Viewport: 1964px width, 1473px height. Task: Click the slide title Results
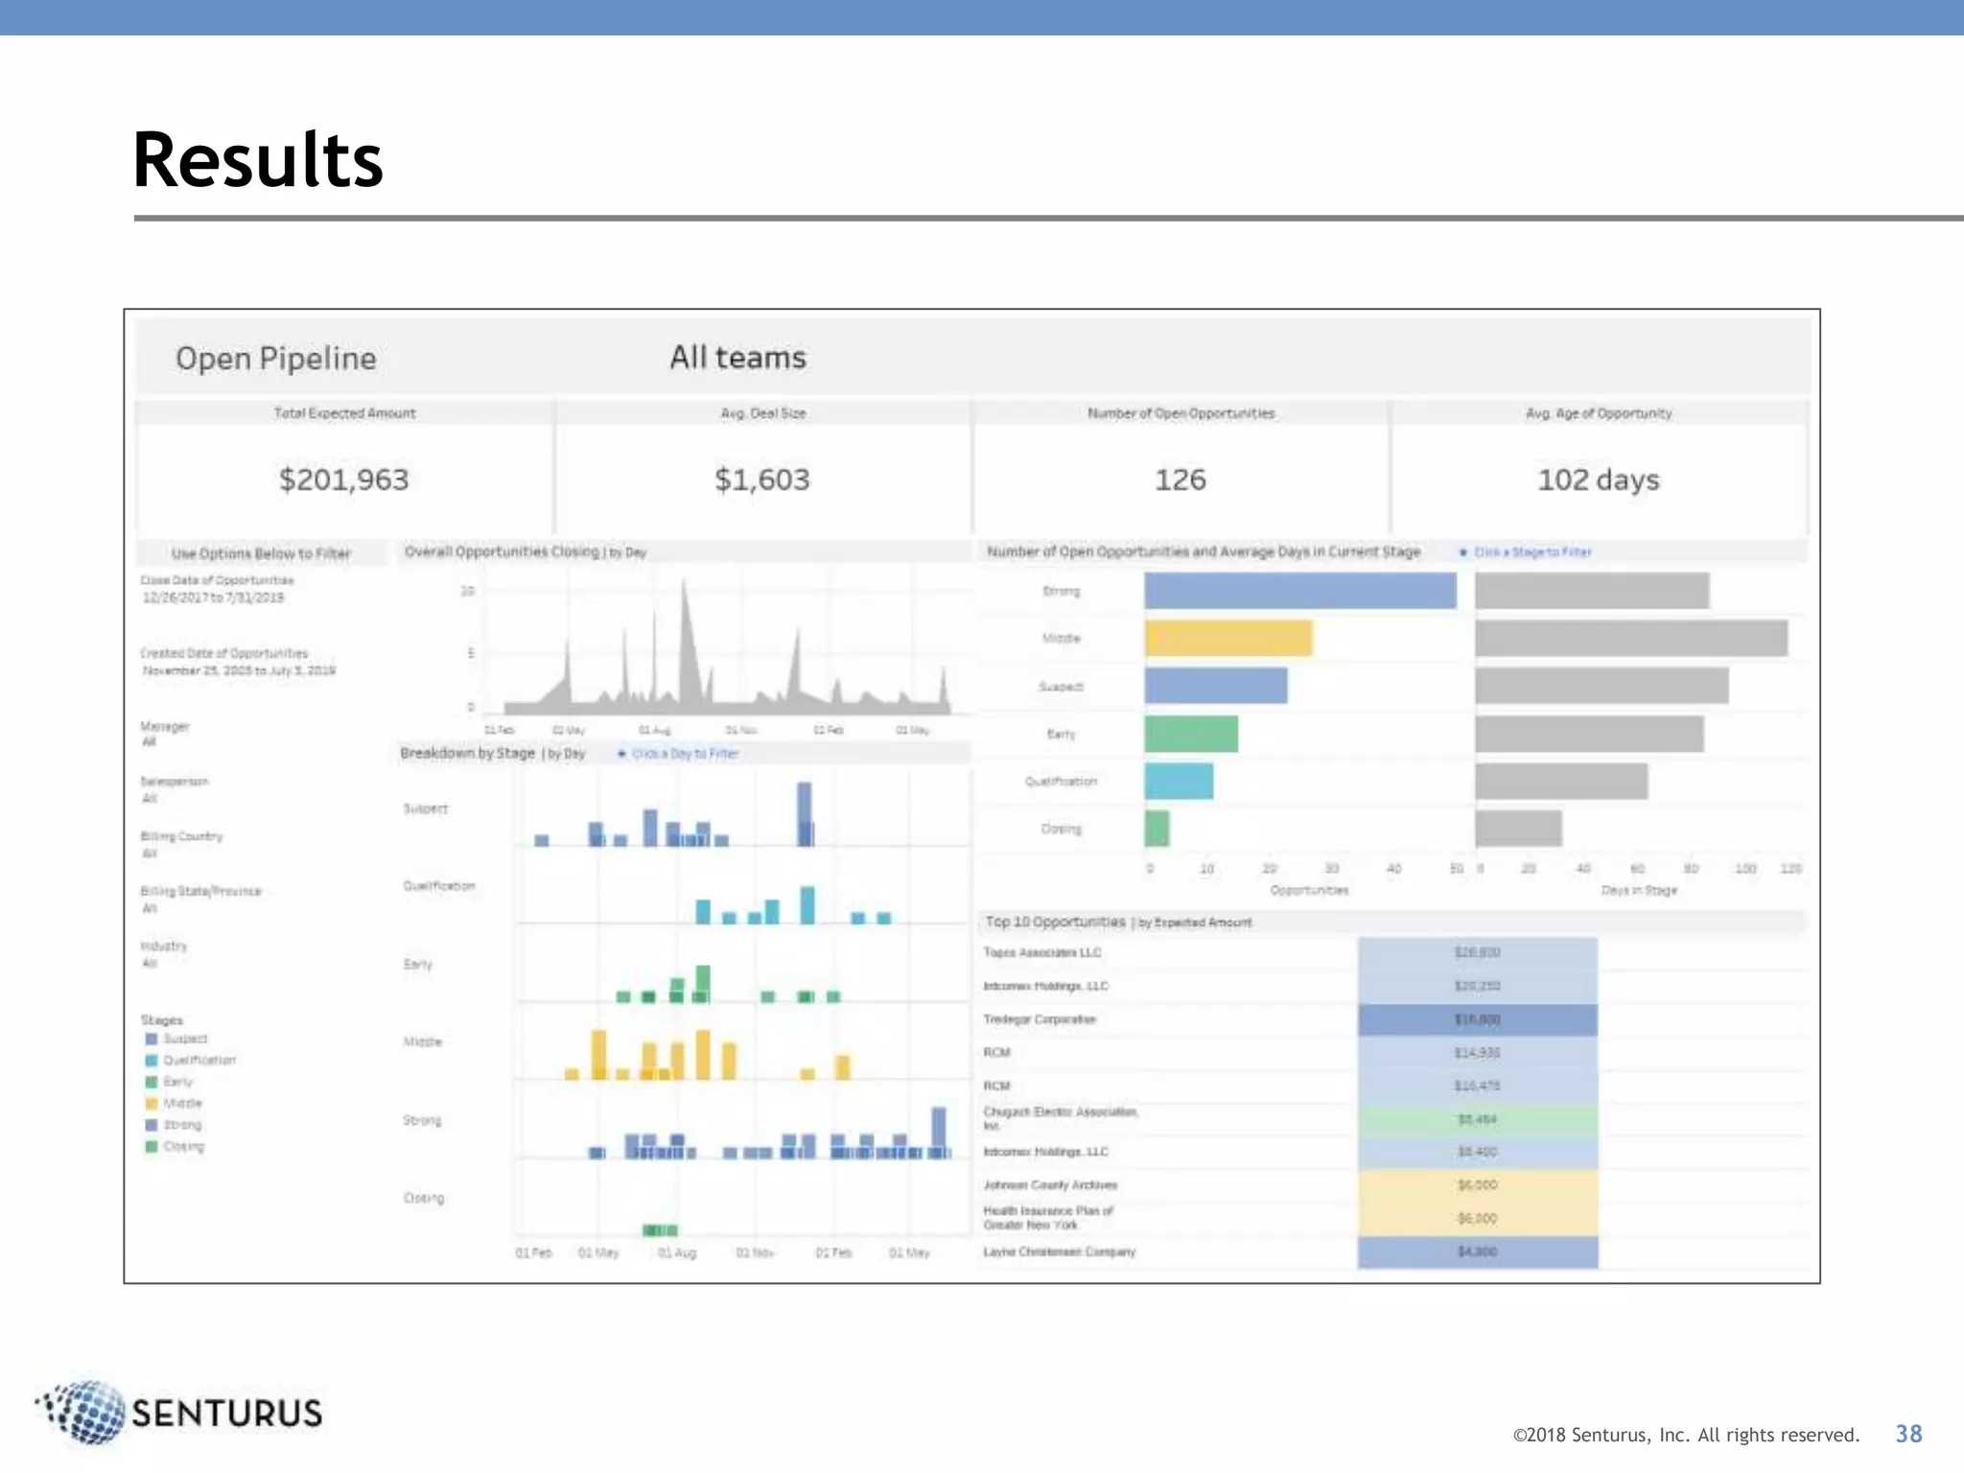coord(257,160)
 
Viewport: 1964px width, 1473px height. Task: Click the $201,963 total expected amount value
coord(343,479)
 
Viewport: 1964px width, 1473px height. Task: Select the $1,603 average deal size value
coord(761,479)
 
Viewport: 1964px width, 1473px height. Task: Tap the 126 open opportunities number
coord(1180,479)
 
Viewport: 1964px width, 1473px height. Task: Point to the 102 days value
coord(1598,479)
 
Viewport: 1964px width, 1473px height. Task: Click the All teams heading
coord(737,358)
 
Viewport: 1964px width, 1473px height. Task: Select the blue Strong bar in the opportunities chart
coord(1299,591)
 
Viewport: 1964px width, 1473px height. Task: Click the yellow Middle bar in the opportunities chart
coord(1227,639)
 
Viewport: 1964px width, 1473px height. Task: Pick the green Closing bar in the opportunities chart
coord(1157,829)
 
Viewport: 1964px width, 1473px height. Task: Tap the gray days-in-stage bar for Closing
coord(1518,829)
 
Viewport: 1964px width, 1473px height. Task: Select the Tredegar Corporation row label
coord(1039,1019)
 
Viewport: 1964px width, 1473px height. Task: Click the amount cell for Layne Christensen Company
coord(1477,1251)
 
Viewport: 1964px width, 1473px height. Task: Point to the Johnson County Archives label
coord(1050,1185)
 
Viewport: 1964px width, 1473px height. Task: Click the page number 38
coord(1908,1434)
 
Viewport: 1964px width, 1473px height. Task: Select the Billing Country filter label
coord(181,836)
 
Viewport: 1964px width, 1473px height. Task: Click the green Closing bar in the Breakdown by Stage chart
coord(660,1230)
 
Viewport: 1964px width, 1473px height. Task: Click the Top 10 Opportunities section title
coord(1055,923)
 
